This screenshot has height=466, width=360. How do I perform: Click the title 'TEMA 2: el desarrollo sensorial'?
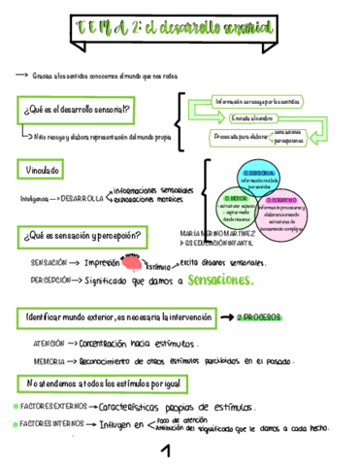[180, 26]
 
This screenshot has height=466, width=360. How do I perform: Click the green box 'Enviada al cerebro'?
[254, 118]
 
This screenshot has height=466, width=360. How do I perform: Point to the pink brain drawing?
[131, 260]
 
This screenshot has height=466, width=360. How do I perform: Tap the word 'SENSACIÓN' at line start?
[49, 263]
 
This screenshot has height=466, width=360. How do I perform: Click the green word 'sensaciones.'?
[221, 281]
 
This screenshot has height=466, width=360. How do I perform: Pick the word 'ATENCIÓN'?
[49, 344]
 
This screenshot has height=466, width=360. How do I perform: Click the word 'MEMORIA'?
[48, 360]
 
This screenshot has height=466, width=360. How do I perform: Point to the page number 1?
[166, 449]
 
